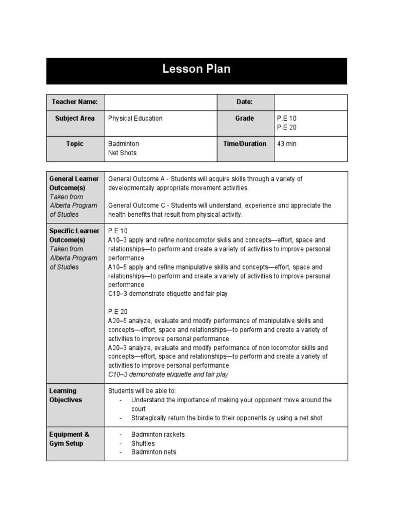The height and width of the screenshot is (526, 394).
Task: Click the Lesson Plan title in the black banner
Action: pos(196,69)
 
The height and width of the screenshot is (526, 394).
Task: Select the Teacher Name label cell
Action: pos(75,102)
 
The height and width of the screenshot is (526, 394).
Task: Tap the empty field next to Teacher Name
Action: pos(161,102)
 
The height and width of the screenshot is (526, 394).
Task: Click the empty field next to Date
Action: pos(310,102)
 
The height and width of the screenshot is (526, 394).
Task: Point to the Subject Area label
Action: pos(75,118)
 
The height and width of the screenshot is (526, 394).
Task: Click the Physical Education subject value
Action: pos(135,118)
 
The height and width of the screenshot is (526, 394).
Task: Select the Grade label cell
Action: pos(245,118)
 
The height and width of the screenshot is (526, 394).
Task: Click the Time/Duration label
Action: pos(245,144)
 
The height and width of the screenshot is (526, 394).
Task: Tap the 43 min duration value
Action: pos(287,144)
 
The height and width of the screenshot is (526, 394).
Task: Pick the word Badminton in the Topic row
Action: pos(124,144)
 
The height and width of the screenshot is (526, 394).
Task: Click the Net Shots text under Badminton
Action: pos(122,153)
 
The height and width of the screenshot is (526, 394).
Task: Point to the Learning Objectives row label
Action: pos(65,396)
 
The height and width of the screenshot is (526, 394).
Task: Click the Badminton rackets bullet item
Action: pos(158,435)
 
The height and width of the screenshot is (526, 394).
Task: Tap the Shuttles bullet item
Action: pos(143,443)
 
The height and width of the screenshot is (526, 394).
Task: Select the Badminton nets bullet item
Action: pos(153,452)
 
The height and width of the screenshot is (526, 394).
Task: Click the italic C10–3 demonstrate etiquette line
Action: pos(168,374)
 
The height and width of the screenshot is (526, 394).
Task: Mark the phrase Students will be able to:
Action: pos(142,391)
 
